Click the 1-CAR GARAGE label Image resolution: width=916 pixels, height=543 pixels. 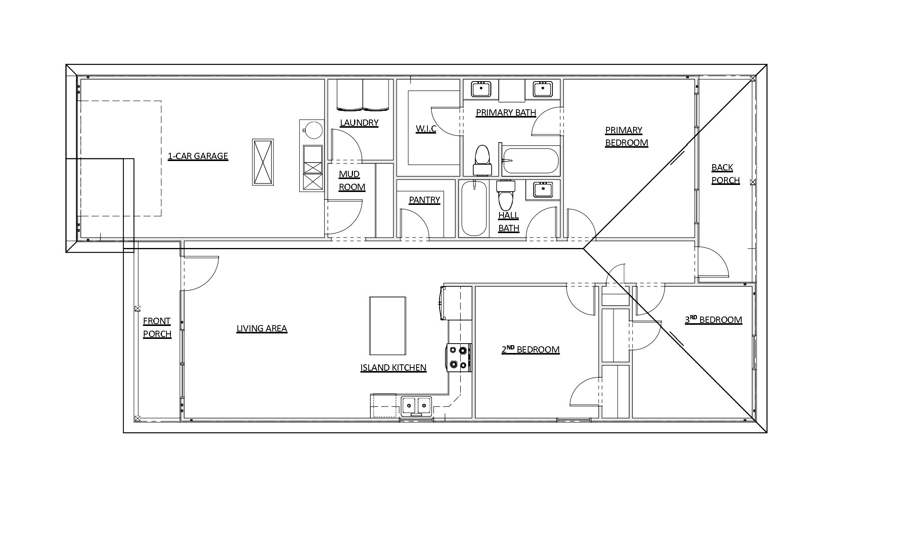click(x=198, y=156)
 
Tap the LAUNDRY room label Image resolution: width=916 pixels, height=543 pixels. click(x=359, y=123)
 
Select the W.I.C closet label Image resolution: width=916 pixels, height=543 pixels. click(x=425, y=129)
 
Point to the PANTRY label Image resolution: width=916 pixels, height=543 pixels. click(x=424, y=200)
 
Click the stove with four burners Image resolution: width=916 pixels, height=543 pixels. click(x=459, y=357)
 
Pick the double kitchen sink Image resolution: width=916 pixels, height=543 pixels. click(x=416, y=405)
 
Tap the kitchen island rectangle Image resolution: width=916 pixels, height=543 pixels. click(x=387, y=326)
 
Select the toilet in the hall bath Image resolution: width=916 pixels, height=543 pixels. click(x=505, y=196)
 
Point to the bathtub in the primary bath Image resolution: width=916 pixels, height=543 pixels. click(x=530, y=161)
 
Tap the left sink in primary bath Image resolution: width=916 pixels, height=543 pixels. click(x=481, y=89)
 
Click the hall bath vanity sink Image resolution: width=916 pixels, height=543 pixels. click(x=543, y=190)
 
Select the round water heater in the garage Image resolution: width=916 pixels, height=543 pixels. click(x=313, y=130)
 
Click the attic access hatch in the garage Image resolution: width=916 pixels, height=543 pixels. click(x=262, y=162)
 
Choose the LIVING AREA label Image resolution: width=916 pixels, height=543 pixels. click(x=262, y=328)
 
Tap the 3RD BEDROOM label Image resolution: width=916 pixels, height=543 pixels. click(x=713, y=320)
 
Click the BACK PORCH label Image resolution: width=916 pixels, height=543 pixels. click(x=725, y=174)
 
